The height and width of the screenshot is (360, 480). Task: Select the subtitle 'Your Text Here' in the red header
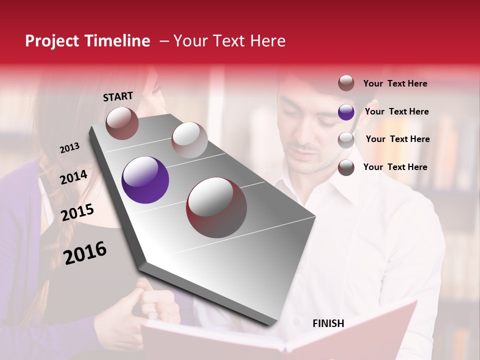click(229, 41)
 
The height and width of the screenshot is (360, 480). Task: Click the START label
click(118, 96)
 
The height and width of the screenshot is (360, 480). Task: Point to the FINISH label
click(328, 323)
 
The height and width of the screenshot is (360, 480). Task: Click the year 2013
click(69, 148)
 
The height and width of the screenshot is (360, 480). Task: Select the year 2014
click(73, 177)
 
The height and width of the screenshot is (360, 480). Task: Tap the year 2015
click(77, 212)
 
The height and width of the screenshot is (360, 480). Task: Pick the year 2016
click(85, 252)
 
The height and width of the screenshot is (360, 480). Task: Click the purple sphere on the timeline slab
click(145, 180)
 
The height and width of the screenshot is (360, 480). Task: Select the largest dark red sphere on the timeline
click(216, 207)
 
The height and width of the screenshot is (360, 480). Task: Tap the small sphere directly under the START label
click(122, 123)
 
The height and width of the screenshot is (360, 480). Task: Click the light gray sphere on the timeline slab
click(189, 139)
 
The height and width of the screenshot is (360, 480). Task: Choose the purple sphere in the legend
click(346, 112)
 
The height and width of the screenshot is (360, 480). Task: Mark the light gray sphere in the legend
click(346, 139)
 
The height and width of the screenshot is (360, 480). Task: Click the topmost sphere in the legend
click(346, 83)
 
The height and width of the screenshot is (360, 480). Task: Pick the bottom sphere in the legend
click(346, 167)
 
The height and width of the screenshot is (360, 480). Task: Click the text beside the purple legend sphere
click(396, 111)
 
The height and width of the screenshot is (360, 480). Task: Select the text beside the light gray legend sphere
click(397, 139)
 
